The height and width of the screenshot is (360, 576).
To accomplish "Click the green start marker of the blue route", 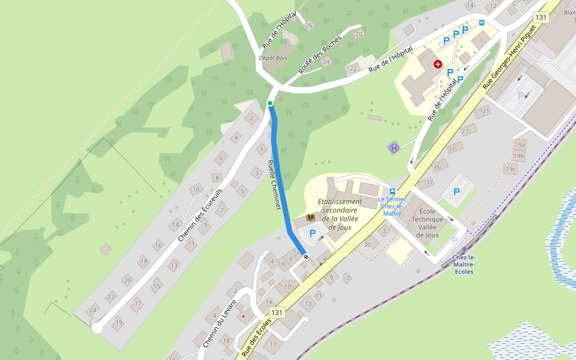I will click(270, 104).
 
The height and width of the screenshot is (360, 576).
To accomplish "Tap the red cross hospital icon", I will click(438, 64).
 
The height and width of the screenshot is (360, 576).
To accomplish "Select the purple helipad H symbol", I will click(394, 148).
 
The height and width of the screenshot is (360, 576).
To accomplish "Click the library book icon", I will click(311, 217).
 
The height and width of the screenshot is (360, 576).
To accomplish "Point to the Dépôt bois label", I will click(273, 58).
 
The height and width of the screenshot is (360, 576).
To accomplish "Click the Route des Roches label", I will click(320, 55).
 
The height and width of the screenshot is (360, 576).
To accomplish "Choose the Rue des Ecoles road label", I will click(257, 336).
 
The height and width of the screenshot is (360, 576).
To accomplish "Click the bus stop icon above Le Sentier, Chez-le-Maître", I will click(392, 191).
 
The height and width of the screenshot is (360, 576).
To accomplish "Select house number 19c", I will click(511, 169).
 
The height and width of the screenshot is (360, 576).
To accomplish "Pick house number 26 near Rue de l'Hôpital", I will click(309, 25).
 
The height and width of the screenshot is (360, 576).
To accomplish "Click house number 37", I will click(429, 182).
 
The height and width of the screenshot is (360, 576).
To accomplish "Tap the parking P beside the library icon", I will click(312, 233).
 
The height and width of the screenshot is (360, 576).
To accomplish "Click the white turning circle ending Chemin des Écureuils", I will click(97, 328).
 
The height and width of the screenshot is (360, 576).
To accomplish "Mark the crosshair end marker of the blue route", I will click(306, 257).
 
